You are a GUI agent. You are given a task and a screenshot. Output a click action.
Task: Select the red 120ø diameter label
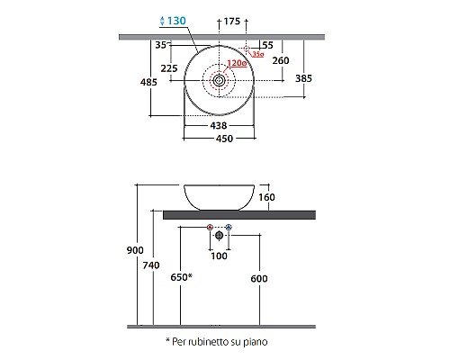pos(237,64)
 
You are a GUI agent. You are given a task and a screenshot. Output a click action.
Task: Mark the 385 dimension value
pos(305,79)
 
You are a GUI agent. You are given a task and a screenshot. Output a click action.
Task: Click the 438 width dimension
pos(218,127)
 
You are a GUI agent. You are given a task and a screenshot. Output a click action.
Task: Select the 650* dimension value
pos(181,279)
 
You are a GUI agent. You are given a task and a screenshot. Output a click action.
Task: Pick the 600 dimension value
pos(258,279)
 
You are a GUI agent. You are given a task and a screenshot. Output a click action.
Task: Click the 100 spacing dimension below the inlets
pos(219,256)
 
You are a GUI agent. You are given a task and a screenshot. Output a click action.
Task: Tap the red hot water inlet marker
pos(210,226)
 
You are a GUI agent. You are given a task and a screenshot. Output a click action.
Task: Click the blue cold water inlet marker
pos(229,226)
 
